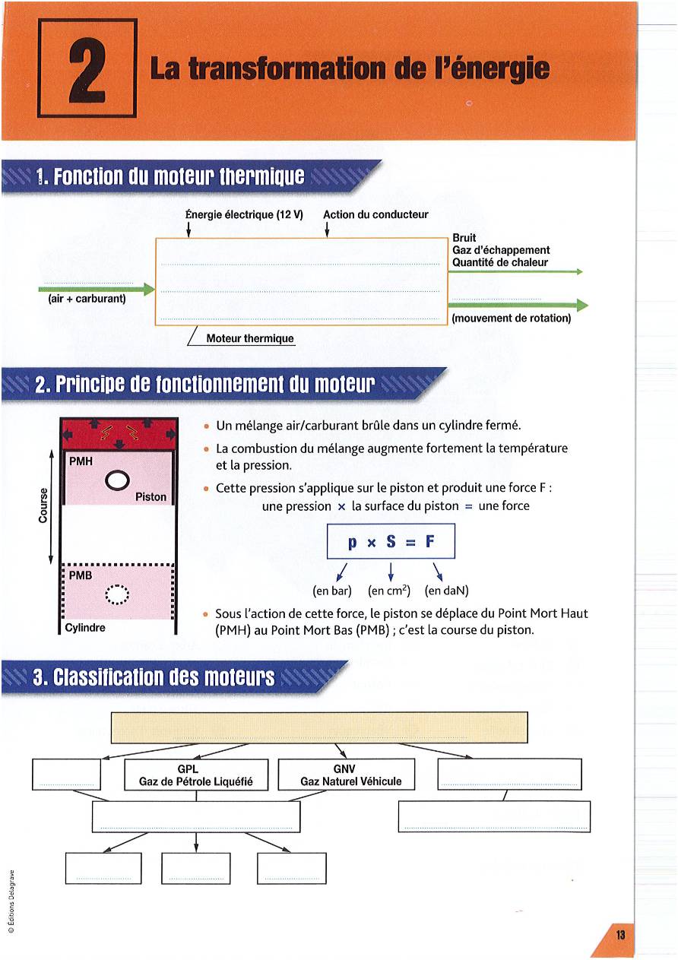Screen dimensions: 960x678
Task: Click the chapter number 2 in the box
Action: coord(87,68)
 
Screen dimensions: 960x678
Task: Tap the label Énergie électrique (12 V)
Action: coord(245,214)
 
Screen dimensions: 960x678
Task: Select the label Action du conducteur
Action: coord(375,214)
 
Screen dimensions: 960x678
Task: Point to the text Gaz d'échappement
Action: coord(501,250)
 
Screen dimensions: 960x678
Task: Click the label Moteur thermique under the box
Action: coord(250,338)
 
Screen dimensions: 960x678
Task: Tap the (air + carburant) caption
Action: coord(87,298)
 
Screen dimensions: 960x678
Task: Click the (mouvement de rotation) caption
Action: coord(511,318)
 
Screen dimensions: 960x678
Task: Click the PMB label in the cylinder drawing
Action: coord(81,575)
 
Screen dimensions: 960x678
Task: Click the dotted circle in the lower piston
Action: coord(118,594)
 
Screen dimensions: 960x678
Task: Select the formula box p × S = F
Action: coord(390,543)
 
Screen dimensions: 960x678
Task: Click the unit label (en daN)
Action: coord(446,590)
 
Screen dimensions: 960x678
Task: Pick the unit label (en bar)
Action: coord(331,590)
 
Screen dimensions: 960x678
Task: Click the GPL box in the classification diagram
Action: coord(196,775)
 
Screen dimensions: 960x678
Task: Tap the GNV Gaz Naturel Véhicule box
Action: coord(350,775)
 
